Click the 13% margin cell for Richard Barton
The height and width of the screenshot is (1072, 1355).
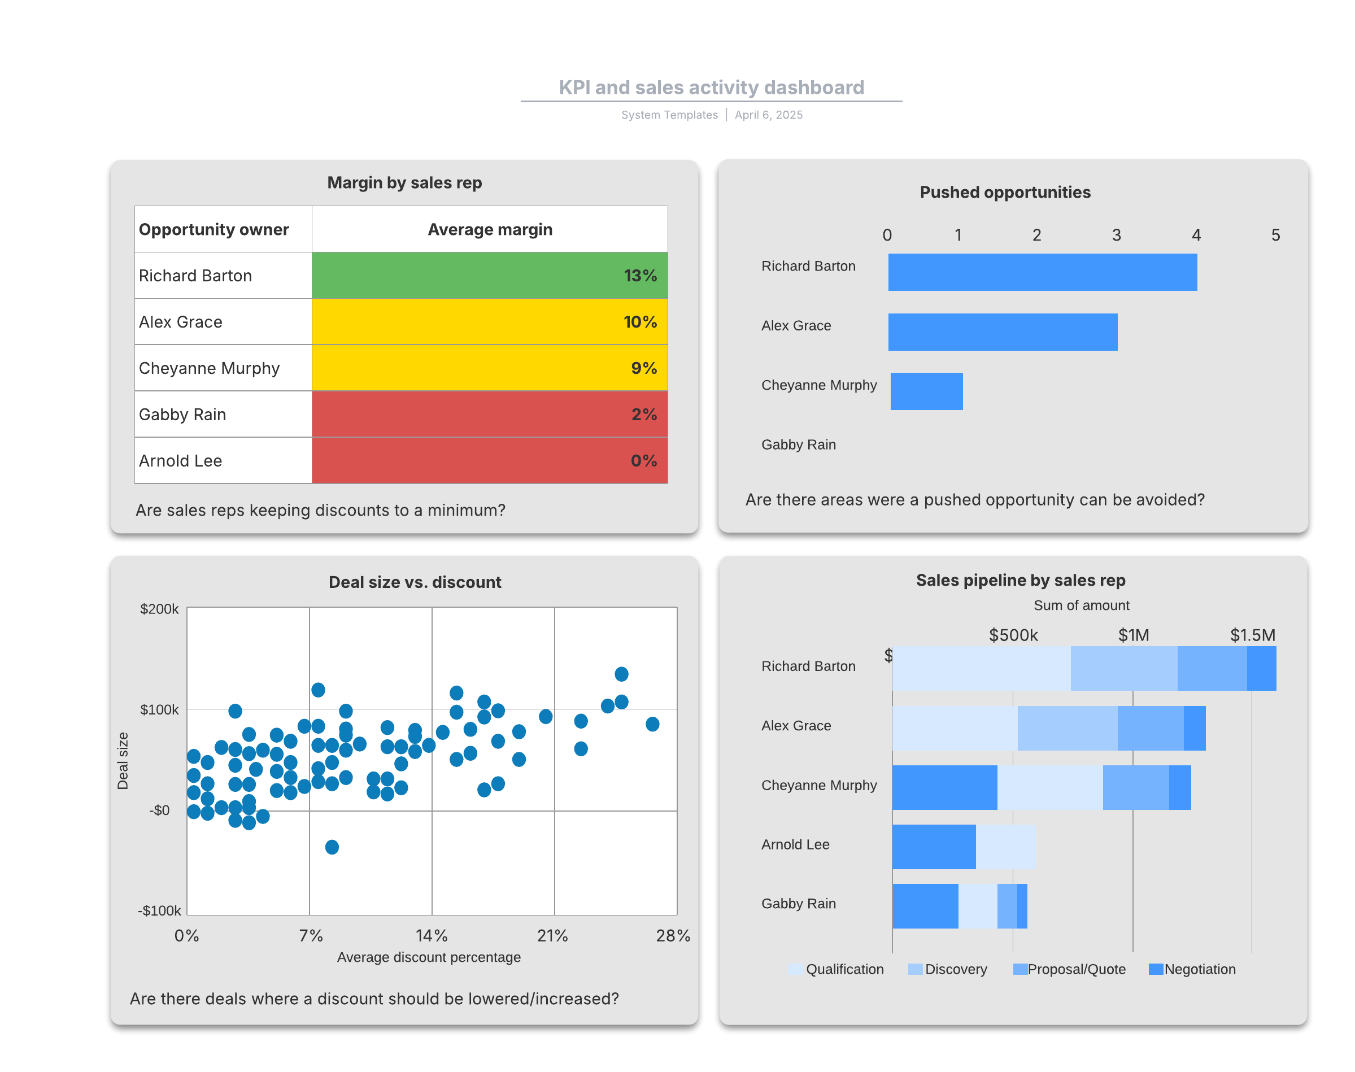[489, 275]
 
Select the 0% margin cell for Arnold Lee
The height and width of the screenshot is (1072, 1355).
[489, 460]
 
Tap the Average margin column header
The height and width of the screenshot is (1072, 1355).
[490, 229]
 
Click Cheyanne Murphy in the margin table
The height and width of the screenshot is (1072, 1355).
[209, 368]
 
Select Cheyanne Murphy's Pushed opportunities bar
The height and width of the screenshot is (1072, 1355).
[926, 391]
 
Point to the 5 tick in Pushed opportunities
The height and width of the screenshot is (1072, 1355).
[1275, 235]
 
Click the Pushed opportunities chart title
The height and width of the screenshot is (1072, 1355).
[1004, 192]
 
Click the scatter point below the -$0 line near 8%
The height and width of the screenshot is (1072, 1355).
[332, 847]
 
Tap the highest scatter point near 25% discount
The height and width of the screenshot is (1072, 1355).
[621, 673]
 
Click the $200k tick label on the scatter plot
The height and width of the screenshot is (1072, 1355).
[159, 609]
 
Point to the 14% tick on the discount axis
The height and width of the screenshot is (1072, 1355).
[431, 935]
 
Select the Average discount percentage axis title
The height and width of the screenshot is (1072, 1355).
[429, 957]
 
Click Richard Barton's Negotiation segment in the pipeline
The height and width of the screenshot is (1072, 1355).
[1261, 668]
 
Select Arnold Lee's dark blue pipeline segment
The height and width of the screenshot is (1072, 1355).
[933, 846]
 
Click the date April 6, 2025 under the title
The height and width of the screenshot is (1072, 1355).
[768, 115]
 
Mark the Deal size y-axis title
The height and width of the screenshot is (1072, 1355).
[123, 760]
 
